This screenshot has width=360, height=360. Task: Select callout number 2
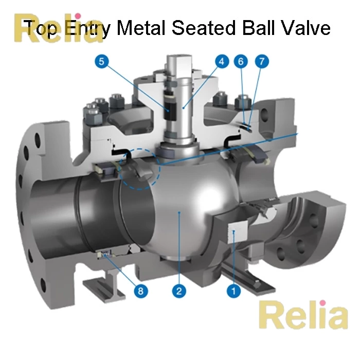tap(178, 291)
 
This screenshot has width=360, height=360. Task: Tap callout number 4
tap(221, 62)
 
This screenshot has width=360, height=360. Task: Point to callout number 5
tap(103, 62)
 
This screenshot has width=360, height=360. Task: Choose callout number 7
tap(262, 62)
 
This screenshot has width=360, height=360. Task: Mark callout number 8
tap(139, 291)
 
